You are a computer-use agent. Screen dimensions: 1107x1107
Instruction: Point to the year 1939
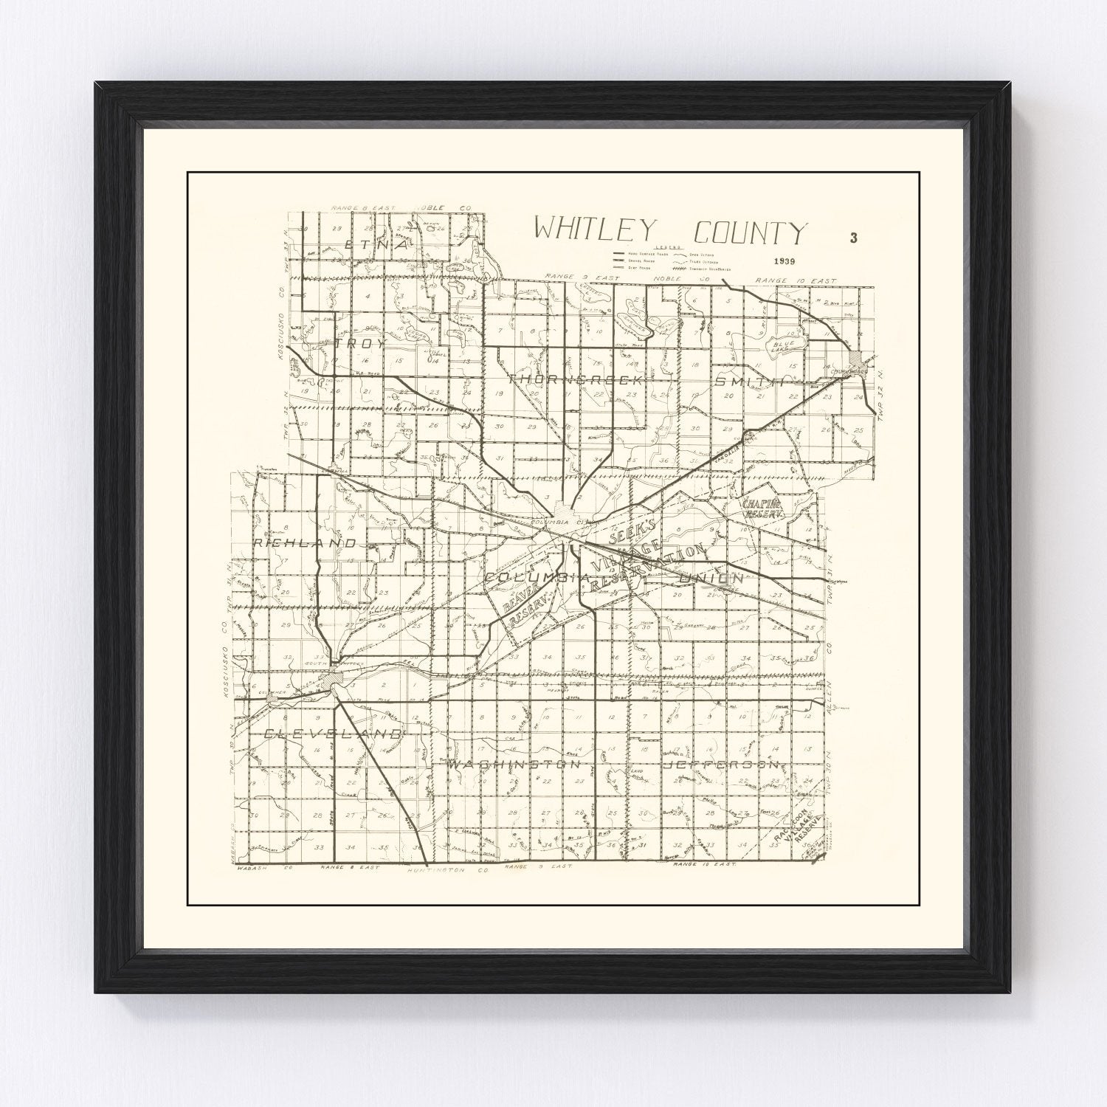click(x=784, y=261)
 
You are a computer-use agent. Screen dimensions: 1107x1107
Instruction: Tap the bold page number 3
click(x=853, y=238)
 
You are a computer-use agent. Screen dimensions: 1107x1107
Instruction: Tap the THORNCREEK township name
click(x=576, y=379)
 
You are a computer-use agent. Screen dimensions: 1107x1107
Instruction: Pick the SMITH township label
click(x=748, y=379)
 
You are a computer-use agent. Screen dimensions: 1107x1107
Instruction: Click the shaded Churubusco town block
click(x=856, y=363)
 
